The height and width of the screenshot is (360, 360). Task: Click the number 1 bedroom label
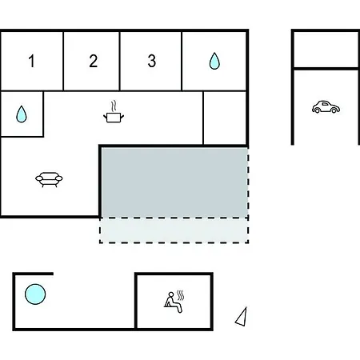(x=32, y=61)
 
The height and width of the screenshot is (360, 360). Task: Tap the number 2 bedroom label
(x=93, y=61)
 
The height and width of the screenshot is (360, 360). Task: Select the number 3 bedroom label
(x=152, y=61)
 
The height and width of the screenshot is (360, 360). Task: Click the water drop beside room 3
(x=214, y=61)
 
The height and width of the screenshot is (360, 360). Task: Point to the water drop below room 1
(x=22, y=114)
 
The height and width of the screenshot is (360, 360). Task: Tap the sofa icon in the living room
(x=49, y=179)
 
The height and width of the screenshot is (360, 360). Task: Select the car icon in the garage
(x=326, y=107)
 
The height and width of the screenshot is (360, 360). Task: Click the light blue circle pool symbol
(x=35, y=294)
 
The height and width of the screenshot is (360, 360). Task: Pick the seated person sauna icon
(x=173, y=302)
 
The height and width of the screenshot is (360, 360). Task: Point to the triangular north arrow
(x=242, y=318)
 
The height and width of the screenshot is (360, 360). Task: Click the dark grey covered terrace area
(x=174, y=182)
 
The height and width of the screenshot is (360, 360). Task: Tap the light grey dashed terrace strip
(x=174, y=230)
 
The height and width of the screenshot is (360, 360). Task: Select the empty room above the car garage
(x=326, y=50)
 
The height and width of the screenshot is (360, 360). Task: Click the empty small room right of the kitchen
(x=225, y=118)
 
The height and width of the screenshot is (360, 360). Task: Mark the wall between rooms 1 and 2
(x=63, y=62)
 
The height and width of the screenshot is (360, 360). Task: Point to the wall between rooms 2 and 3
(x=120, y=62)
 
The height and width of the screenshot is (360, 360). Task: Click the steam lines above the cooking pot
(x=114, y=106)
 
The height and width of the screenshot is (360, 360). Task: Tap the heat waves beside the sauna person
(x=181, y=295)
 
